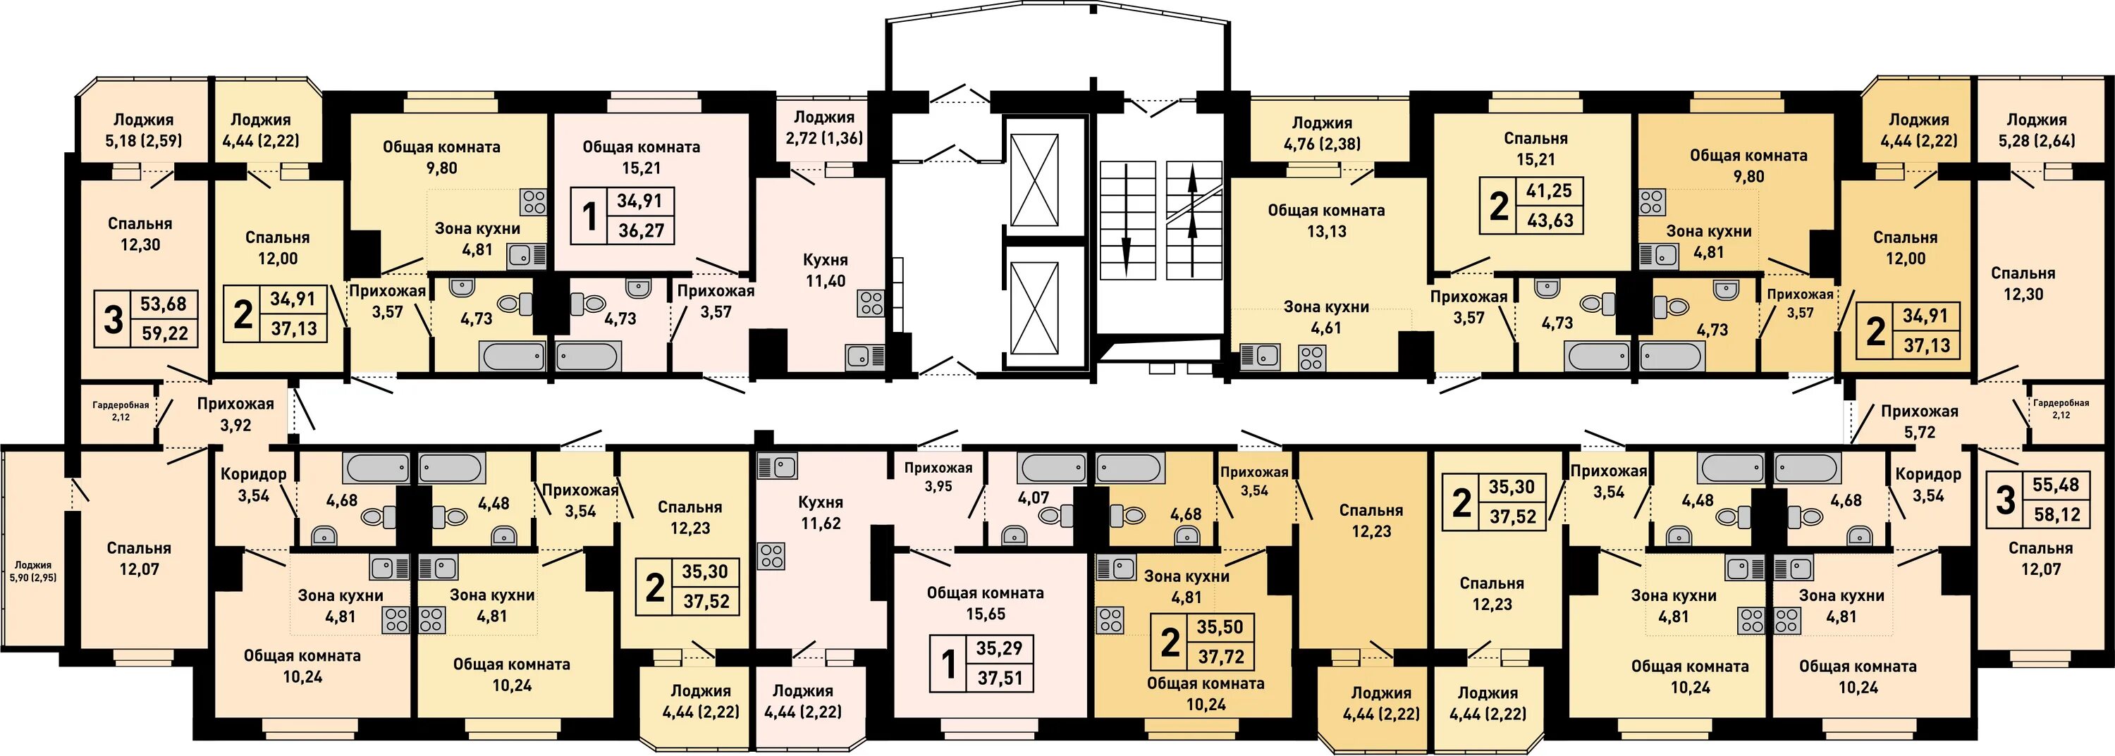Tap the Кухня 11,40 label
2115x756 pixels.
(x=825, y=270)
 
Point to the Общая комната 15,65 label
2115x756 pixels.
(x=986, y=603)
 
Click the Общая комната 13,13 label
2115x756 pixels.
(x=1326, y=221)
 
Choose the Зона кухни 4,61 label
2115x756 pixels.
(x=1326, y=318)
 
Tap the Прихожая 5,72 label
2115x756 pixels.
(x=1920, y=422)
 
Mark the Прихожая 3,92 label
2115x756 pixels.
(x=235, y=414)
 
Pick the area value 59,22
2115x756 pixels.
(x=164, y=333)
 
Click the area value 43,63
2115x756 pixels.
(x=1550, y=220)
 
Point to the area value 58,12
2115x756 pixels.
(x=2055, y=514)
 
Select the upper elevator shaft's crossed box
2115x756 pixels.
(x=1034, y=179)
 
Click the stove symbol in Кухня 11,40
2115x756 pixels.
(x=871, y=303)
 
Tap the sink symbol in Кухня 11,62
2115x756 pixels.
(x=776, y=466)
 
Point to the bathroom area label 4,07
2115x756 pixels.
(x=1033, y=497)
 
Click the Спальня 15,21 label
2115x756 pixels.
(x=1535, y=149)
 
